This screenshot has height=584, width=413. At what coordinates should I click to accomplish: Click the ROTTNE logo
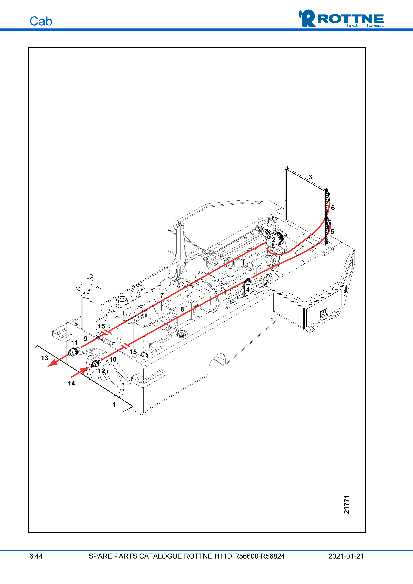(x=341, y=18)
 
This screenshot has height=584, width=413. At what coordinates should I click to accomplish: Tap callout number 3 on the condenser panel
(x=310, y=177)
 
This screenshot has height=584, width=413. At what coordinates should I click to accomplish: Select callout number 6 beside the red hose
(x=333, y=208)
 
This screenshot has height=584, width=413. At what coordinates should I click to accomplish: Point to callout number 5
(x=332, y=232)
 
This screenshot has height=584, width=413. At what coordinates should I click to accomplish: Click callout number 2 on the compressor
(x=274, y=240)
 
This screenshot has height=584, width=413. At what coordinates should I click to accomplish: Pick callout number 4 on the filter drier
(x=248, y=290)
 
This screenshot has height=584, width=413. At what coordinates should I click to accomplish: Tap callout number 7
(x=162, y=295)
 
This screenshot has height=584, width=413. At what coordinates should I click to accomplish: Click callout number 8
(x=182, y=309)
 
